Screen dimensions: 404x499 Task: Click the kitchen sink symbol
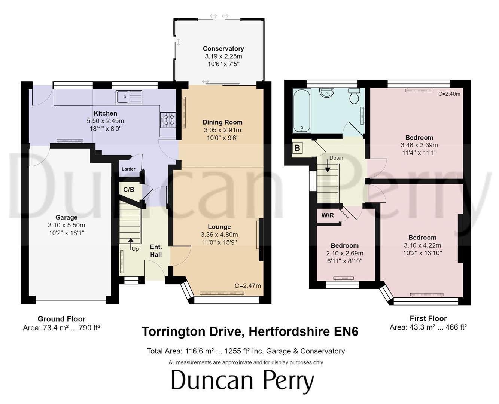tap(129, 97)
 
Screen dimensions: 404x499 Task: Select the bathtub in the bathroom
tap(301, 111)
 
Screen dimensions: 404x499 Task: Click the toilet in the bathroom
tap(354, 96)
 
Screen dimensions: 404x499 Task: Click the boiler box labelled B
tap(297, 148)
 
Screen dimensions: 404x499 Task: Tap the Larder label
tap(128, 169)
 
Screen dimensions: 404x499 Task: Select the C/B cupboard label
tap(128, 190)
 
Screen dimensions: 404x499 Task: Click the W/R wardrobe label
tap(328, 215)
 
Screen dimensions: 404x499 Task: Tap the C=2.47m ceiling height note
tap(247, 286)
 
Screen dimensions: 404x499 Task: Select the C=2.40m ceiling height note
tap(449, 94)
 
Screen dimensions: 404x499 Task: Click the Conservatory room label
tap(223, 49)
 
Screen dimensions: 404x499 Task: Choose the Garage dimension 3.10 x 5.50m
tap(66, 225)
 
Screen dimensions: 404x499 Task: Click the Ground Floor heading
tap(61, 319)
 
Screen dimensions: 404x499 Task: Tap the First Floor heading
tap(428, 318)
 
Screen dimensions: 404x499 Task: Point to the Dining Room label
tap(222, 122)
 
